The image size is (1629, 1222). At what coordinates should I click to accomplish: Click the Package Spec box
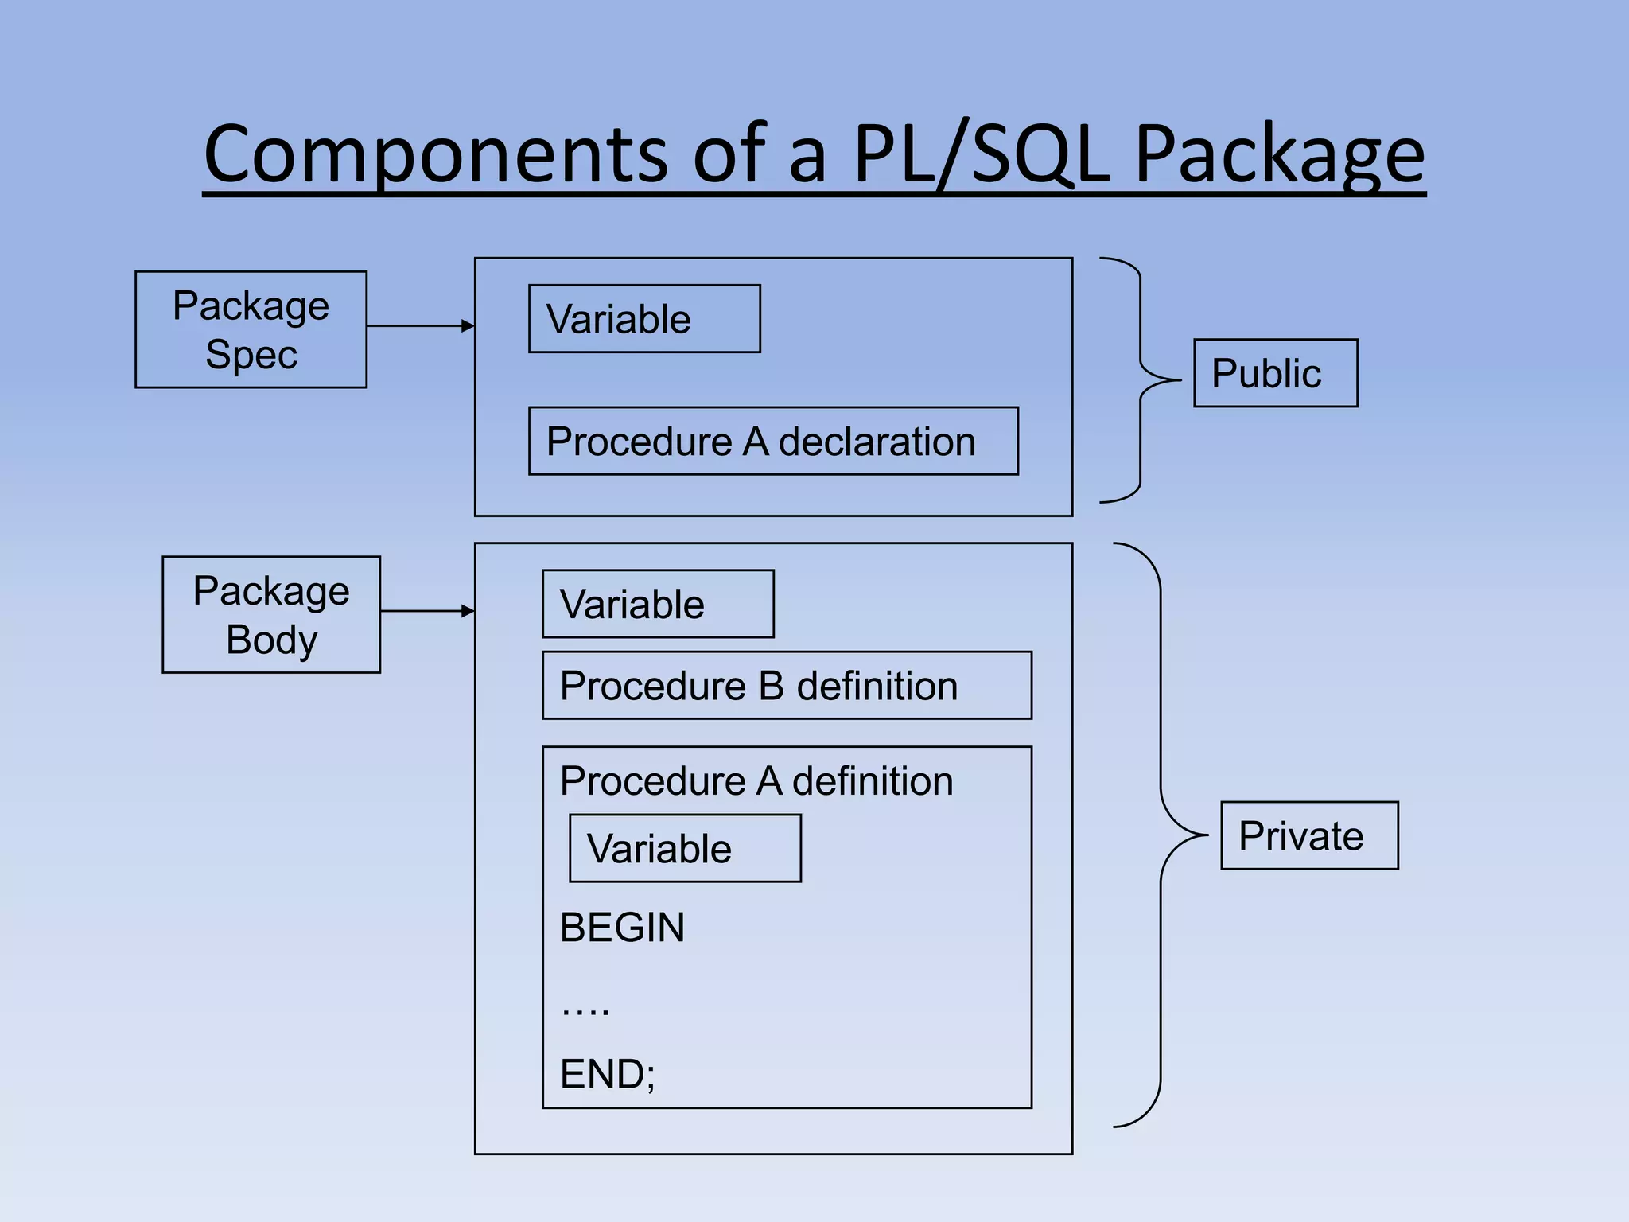[251, 329]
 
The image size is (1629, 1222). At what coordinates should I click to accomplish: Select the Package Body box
[271, 614]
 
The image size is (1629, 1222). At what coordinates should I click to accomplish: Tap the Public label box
[1275, 373]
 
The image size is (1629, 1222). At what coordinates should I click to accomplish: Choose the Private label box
[1308, 835]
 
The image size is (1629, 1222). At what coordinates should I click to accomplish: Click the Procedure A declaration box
[772, 442]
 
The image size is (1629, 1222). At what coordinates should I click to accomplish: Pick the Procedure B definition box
[786, 686]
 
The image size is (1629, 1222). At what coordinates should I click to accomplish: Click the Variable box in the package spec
[643, 319]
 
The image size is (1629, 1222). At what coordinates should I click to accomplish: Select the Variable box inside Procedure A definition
[684, 848]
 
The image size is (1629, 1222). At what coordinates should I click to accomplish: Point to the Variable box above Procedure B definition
[657, 604]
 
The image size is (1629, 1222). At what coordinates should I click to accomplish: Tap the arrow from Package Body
[427, 611]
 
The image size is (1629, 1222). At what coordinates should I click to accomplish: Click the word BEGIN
[622, 928]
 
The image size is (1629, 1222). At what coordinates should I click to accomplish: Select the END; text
[608, 1074]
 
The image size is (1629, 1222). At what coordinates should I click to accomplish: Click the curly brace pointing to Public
[1141, 380]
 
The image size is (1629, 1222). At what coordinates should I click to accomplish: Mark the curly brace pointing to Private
[1161, 835]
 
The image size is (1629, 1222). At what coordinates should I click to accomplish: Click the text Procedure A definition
[756, 781]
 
